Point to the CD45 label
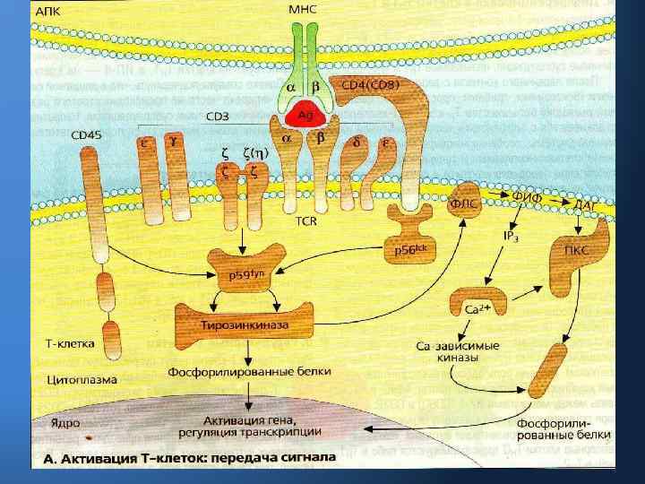tap(87, 135)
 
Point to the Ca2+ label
tap(477, 310)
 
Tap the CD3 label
tap(217, 117)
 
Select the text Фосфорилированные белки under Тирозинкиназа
tap(250, 370)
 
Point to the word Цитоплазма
tap(82, 379)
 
